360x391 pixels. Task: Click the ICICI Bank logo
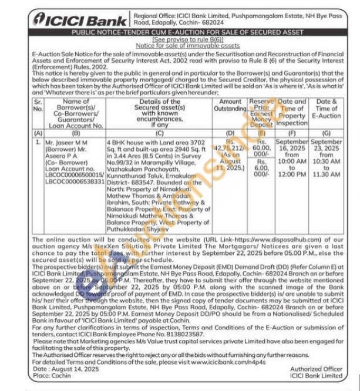[69, 18]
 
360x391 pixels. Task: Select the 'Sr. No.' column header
[38, 105]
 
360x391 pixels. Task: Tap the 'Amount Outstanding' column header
[230, 105]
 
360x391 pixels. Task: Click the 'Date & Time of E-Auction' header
[327, 109]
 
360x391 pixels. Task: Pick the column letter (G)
[327, 134]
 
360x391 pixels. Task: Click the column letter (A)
[38, 134]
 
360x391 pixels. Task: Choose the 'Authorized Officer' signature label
[317, 369]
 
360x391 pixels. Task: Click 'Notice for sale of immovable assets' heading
[187, 45]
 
